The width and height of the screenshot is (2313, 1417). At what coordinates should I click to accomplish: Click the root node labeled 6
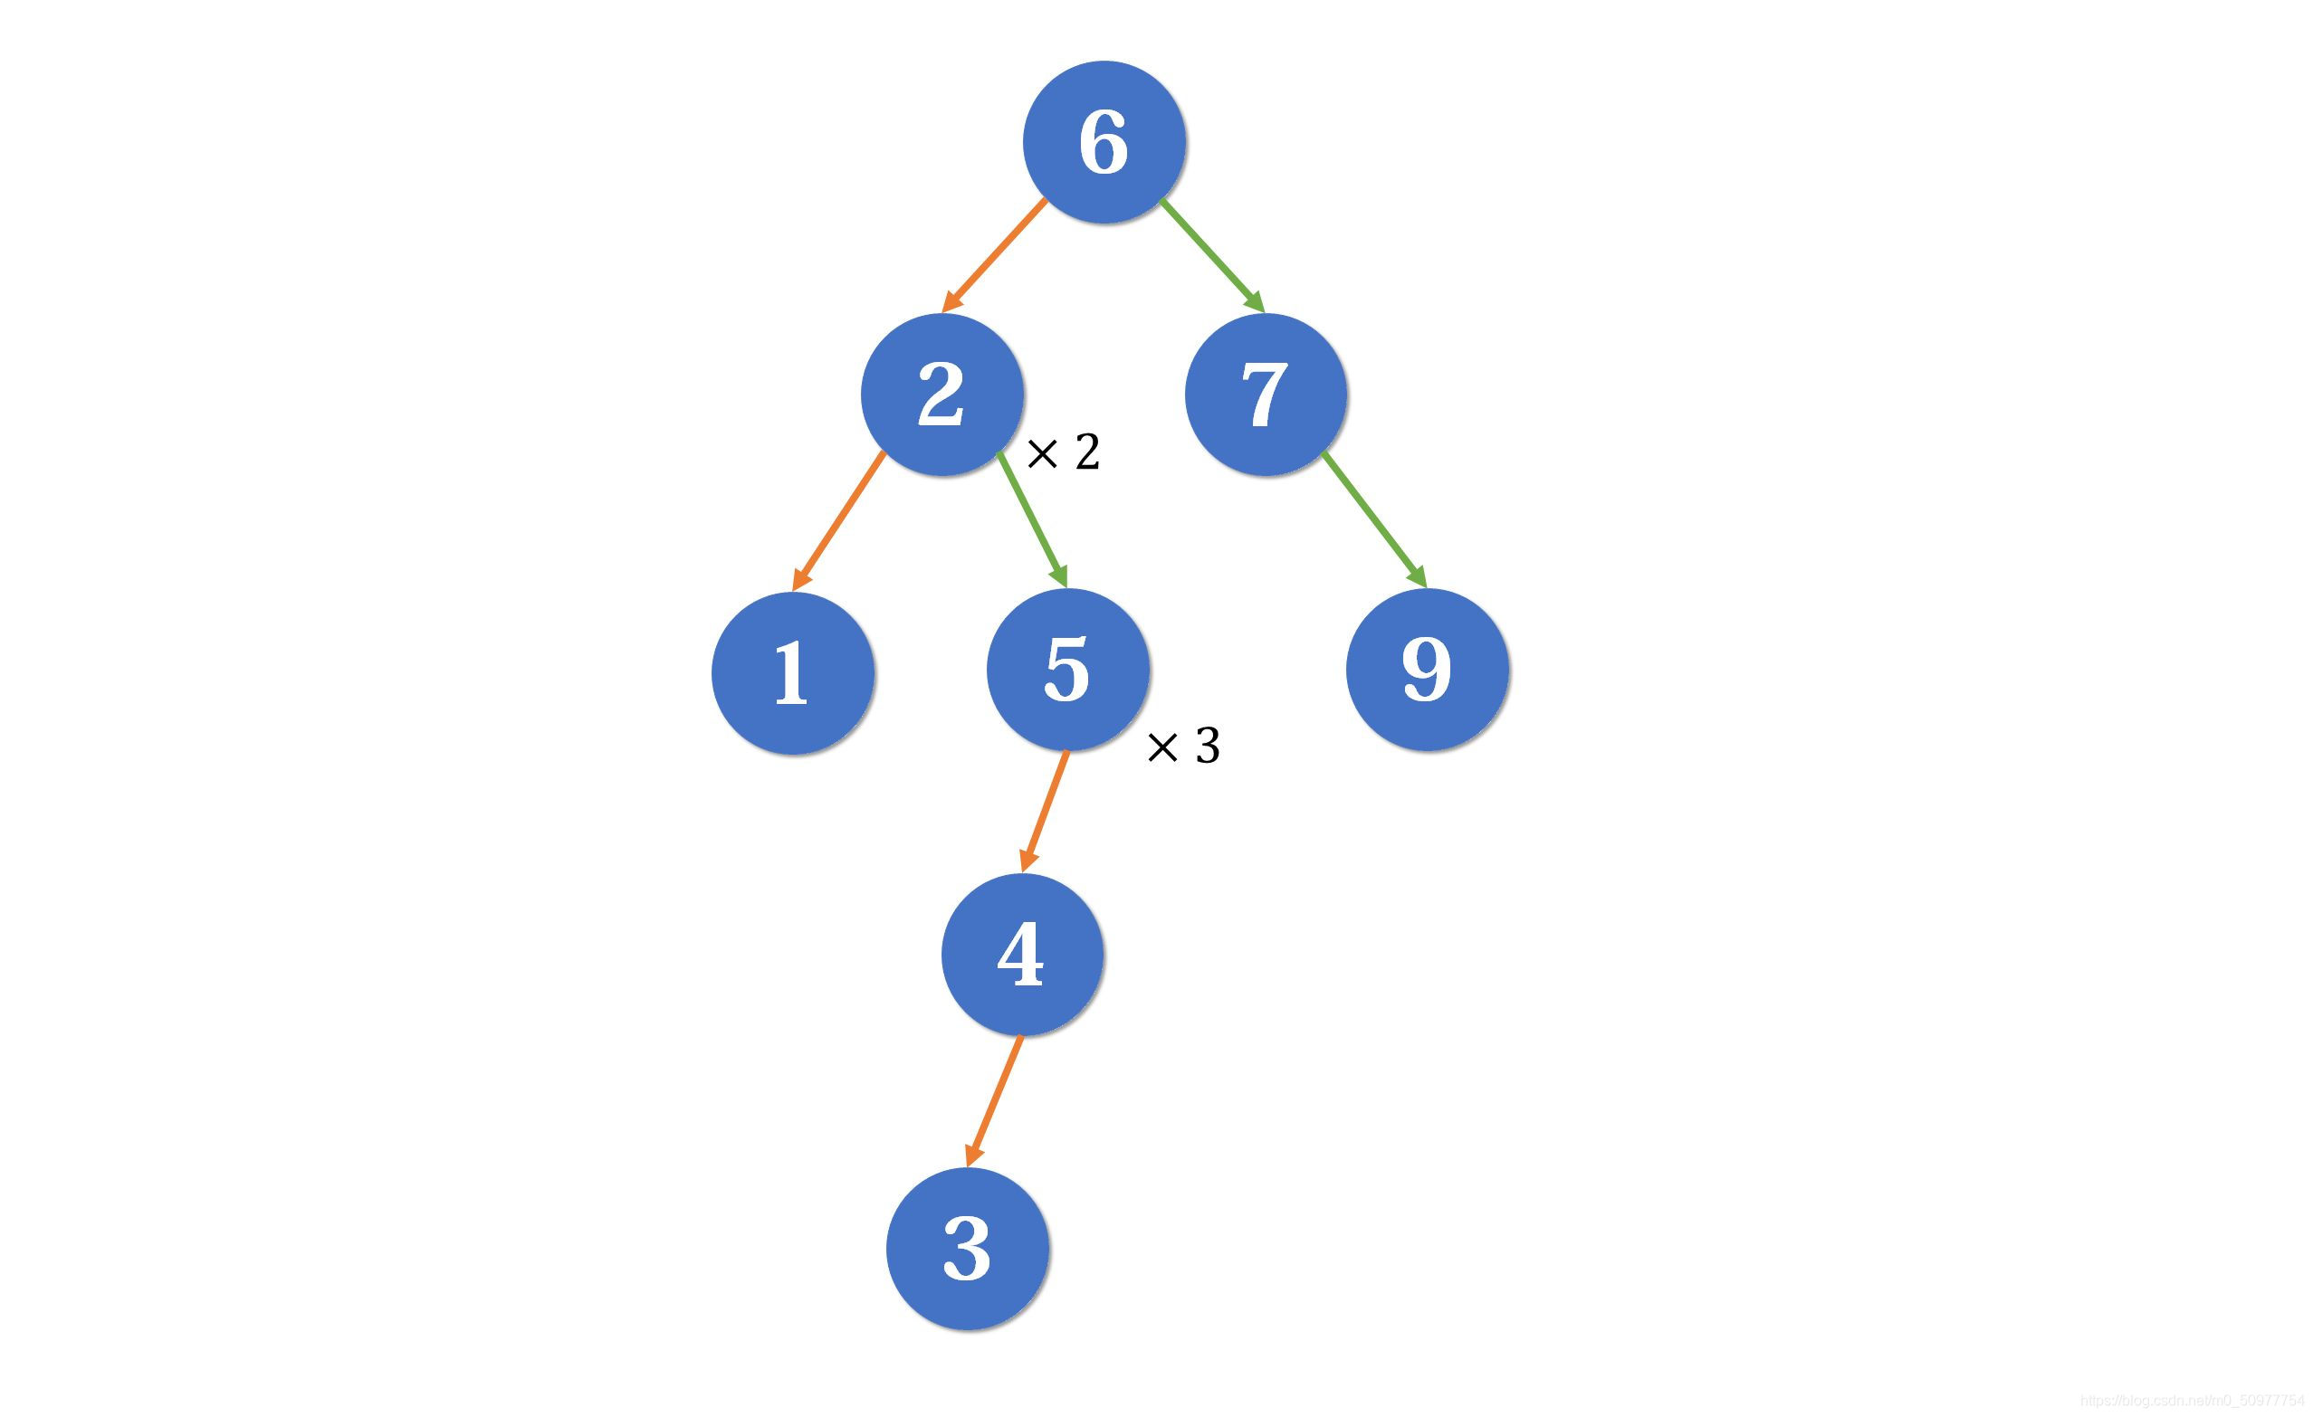tap(1104, 142)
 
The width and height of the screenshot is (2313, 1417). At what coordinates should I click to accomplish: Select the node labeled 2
tap(941, 395)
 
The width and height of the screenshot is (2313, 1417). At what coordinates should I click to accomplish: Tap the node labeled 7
tap(1266, 395)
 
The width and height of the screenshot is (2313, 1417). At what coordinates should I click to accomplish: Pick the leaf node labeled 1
tap(792, 673)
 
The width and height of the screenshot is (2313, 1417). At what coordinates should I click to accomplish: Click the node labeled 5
tap(1068, 669)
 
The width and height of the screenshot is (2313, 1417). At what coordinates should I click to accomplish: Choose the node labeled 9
tap(1427, 669)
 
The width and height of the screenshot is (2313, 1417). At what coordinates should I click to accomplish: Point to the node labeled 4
tap(1021, 955)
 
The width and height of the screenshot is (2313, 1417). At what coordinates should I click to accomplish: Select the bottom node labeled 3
tap(967, 1248)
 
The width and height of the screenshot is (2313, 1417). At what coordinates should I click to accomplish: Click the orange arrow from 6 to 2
tap(995, 254)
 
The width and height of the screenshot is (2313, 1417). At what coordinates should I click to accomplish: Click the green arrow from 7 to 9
tap(1373, 519)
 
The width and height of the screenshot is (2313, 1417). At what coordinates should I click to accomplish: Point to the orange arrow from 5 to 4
tap(1046, 810)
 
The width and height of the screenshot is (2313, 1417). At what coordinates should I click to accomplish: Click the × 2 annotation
tap(1064, 452)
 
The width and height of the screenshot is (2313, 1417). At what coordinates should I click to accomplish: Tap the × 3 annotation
tap(1184, 746)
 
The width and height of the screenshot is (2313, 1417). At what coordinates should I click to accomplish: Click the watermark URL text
tap(2194, 1401)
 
